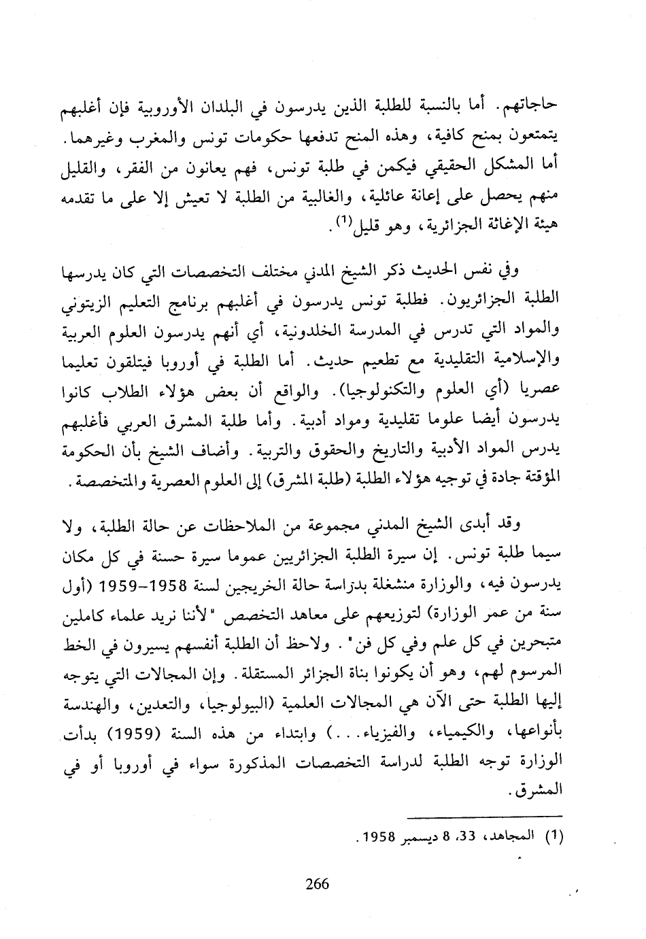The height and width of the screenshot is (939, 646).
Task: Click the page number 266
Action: tap(318, 884)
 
